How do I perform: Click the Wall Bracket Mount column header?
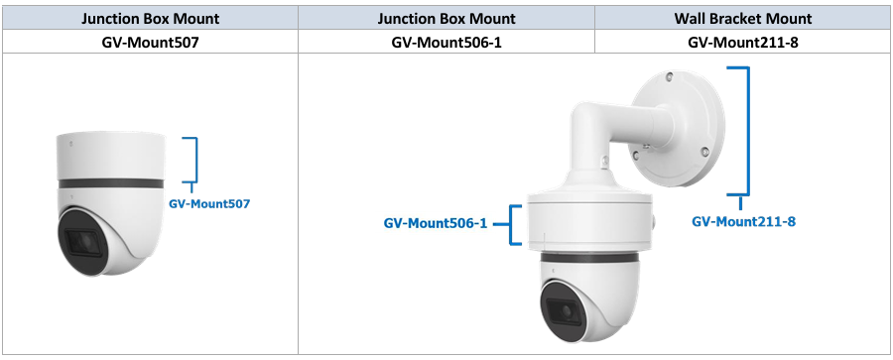(x=743, y=18)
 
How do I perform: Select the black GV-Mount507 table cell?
(x=151, y=42)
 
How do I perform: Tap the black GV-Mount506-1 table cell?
(x=446, y=42)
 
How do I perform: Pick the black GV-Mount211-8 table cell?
(x=743, y=42)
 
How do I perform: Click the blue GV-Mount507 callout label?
(x=209, y=203)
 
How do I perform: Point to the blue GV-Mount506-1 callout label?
(x=436, y=223)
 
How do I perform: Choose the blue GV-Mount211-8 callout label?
(x=744, y=221)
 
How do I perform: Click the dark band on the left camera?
(x=111, y=183)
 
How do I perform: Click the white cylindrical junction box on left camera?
(x=111, y=156)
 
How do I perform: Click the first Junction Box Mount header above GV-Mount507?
(x=151, y=18)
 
